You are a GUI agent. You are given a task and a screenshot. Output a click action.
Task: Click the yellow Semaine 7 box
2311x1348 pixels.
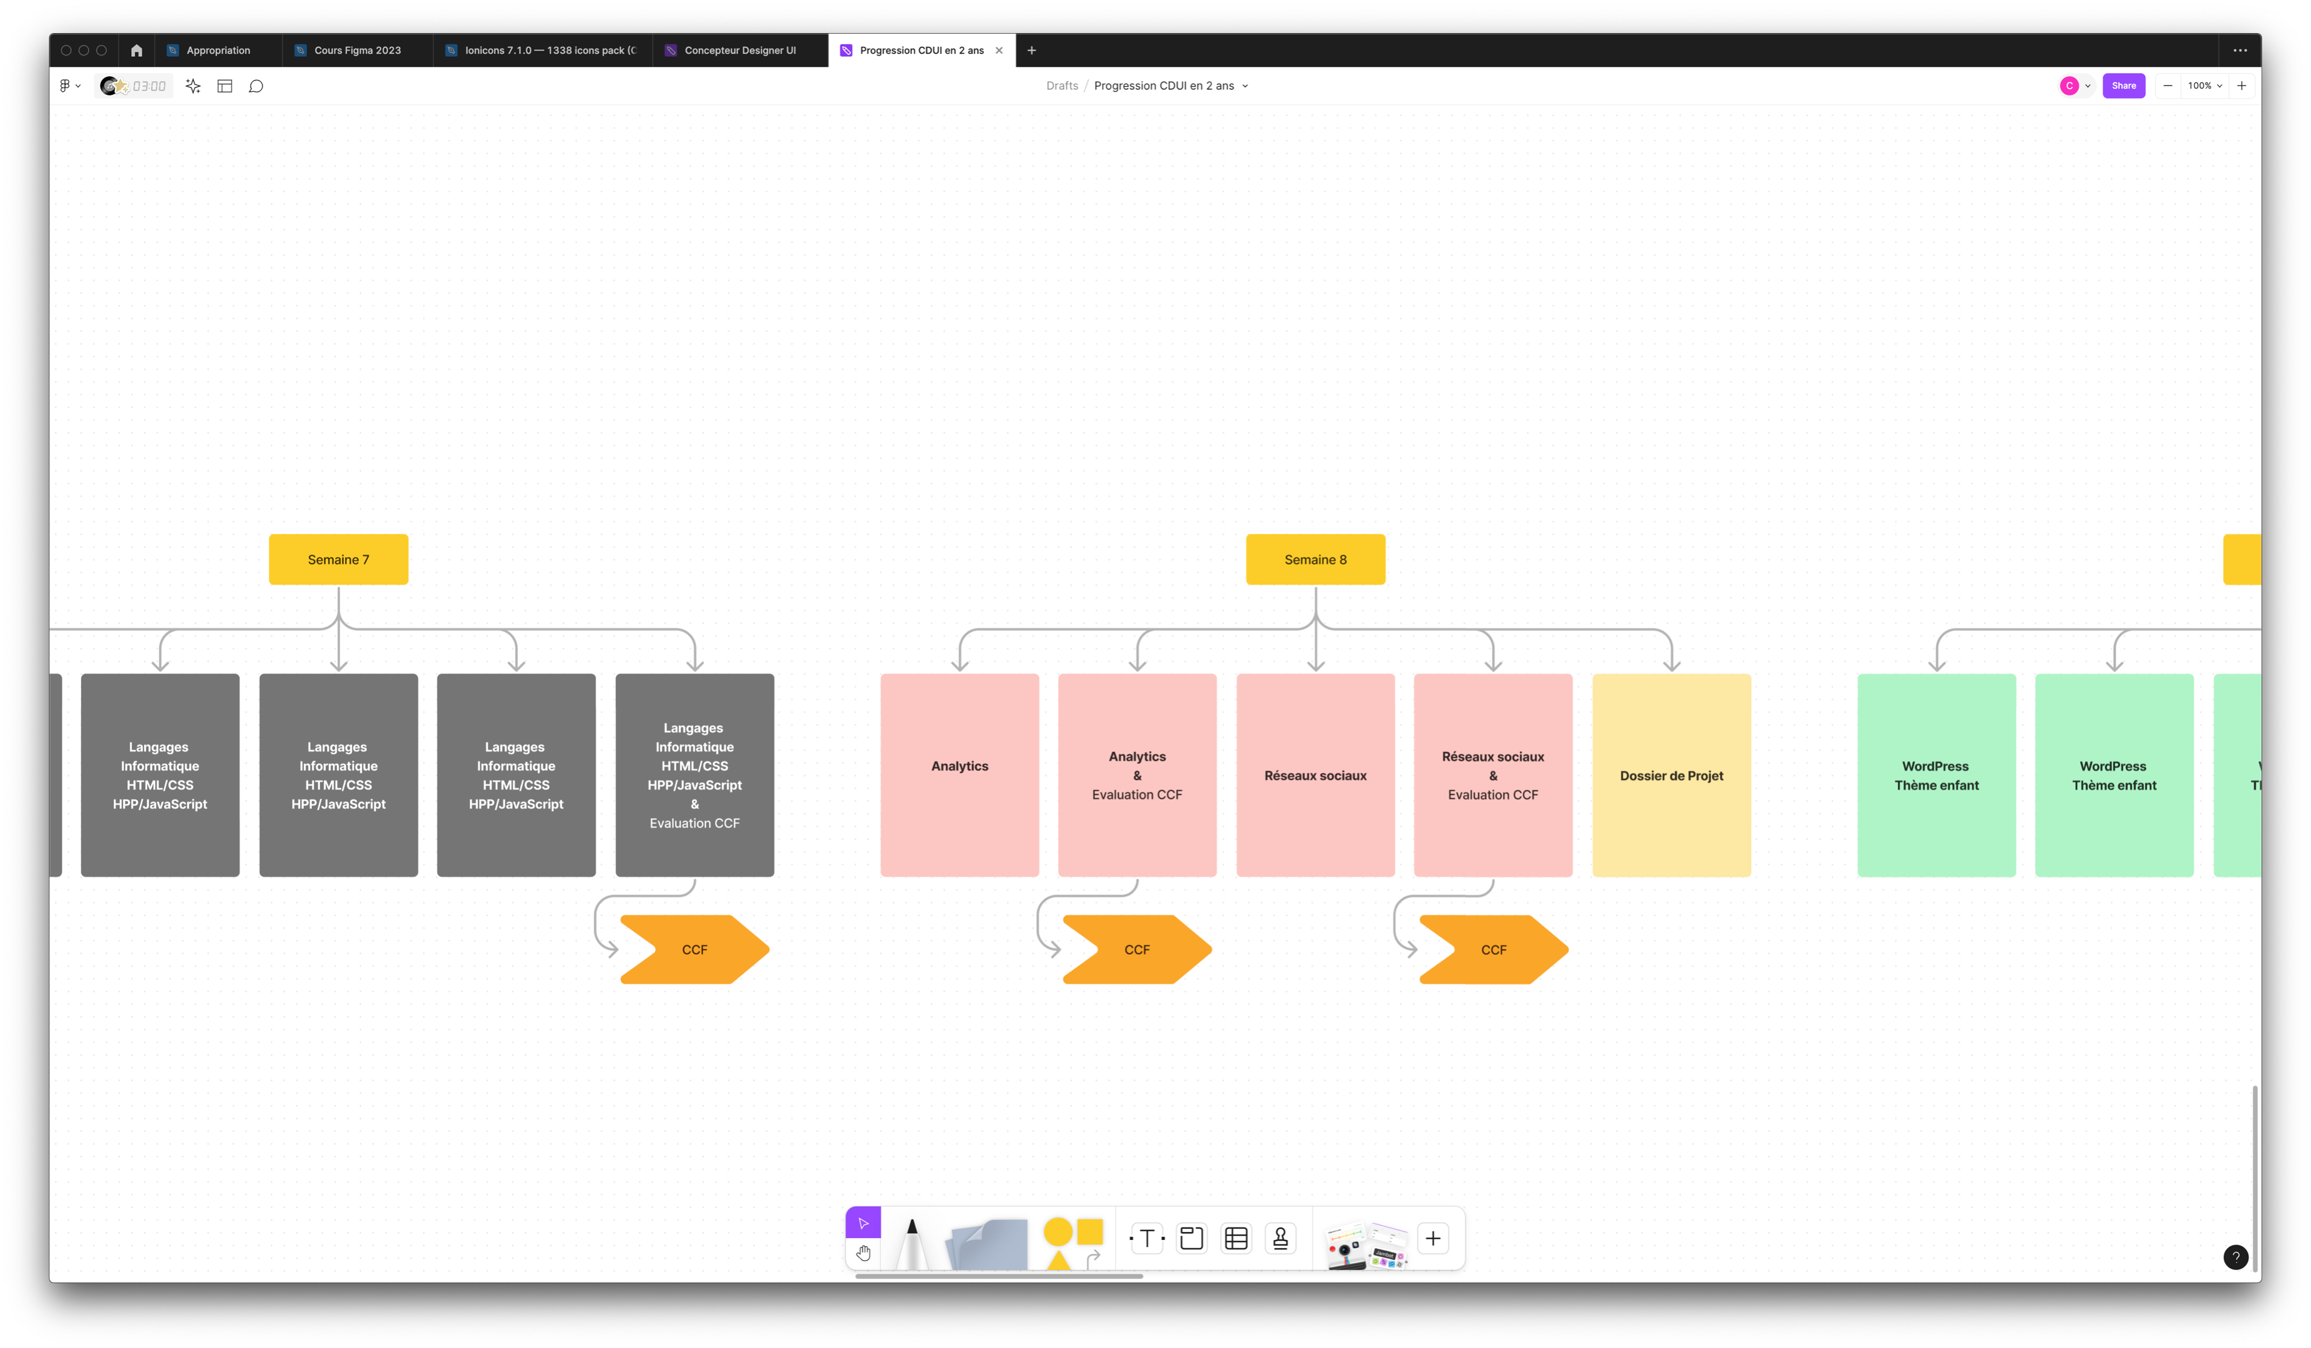point(338,559)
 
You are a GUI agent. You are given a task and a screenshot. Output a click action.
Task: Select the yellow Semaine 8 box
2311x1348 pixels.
point(1315,559)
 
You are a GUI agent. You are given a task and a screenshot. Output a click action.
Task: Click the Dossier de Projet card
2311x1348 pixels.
point(1671,775)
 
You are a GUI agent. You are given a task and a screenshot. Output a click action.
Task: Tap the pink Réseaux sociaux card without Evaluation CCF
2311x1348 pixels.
point(1315,775)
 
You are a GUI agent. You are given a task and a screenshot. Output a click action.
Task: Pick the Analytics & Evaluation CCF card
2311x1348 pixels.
point(1137,775)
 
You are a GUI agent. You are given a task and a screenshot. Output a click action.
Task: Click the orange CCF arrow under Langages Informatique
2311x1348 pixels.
point(694,949)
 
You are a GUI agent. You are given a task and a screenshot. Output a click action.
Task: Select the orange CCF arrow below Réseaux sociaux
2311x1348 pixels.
point(1493,949)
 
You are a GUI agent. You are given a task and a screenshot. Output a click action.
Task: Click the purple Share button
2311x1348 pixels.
point(2123,85)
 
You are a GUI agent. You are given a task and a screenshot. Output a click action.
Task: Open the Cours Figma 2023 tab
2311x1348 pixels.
point(357,51)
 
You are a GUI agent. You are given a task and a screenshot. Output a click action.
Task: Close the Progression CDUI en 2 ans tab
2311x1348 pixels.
point(999,51)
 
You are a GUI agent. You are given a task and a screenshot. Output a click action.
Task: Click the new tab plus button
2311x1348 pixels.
point(1032,51)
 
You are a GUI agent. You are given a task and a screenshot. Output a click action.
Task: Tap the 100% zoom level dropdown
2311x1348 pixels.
point(2204,85)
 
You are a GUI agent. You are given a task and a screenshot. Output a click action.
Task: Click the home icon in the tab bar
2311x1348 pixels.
point(137,51)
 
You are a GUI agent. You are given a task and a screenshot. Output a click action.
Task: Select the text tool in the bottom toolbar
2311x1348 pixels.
point(1146,1238)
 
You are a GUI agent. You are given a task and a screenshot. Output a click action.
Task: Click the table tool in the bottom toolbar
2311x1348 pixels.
point(1236,1238)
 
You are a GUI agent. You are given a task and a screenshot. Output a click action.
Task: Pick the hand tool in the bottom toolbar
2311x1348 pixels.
point(863,1253)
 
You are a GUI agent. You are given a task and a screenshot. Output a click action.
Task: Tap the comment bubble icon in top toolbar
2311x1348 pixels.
point(256,86)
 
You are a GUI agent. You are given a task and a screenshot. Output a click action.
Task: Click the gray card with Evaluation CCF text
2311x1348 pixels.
point(694,775)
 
